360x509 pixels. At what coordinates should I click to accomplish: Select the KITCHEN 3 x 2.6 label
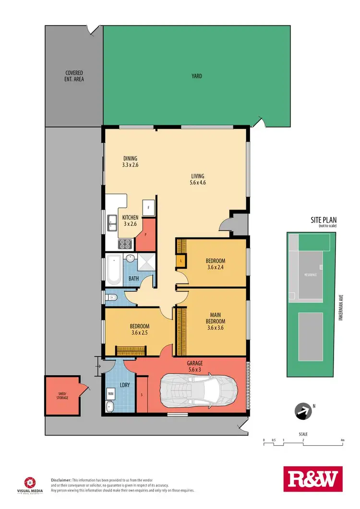click(130, 221)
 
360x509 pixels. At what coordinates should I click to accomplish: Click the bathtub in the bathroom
click(114, 269)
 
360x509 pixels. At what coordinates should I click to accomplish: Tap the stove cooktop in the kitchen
click(126, 244)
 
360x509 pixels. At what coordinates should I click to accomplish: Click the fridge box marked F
click(148, 208)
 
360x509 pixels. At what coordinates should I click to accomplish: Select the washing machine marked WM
click(111, 393)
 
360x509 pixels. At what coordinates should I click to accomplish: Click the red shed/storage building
click(62, 395)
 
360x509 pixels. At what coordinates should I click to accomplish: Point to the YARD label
click(197, 76)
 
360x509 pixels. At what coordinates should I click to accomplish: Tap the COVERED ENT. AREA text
click(75, 76)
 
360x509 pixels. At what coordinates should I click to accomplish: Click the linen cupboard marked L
click(180, 261)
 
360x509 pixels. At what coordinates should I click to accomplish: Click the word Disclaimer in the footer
click(61, 479)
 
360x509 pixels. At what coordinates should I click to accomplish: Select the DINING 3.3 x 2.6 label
click(130, 162)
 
